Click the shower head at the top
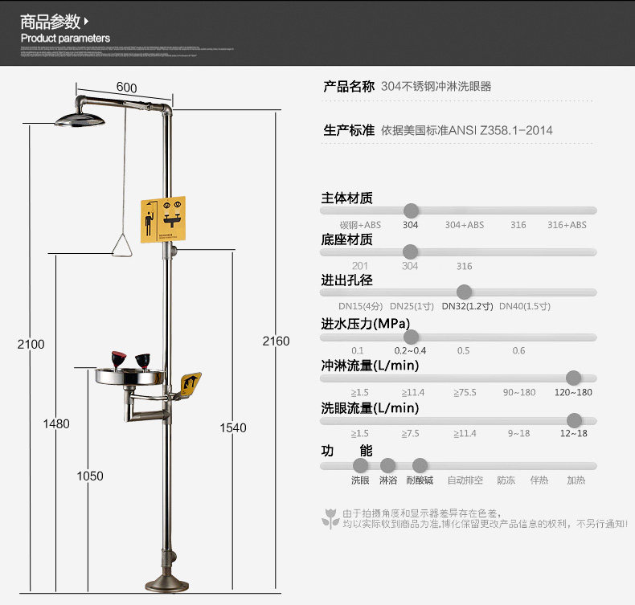point(80,120)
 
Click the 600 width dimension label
point(126,88)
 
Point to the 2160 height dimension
point(276,341)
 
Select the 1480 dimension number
point(56,423)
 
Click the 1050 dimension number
point(90,476)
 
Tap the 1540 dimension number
point(233,428)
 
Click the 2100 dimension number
point(31,344)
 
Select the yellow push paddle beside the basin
point(190,384)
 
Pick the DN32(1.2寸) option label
point(467,306)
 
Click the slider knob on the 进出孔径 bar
point(464,292)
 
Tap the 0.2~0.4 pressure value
point(410,350)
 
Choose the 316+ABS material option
point(567,225)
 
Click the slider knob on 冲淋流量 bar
point(573,378)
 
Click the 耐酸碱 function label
point(420,480)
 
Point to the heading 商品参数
point(51,21)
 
